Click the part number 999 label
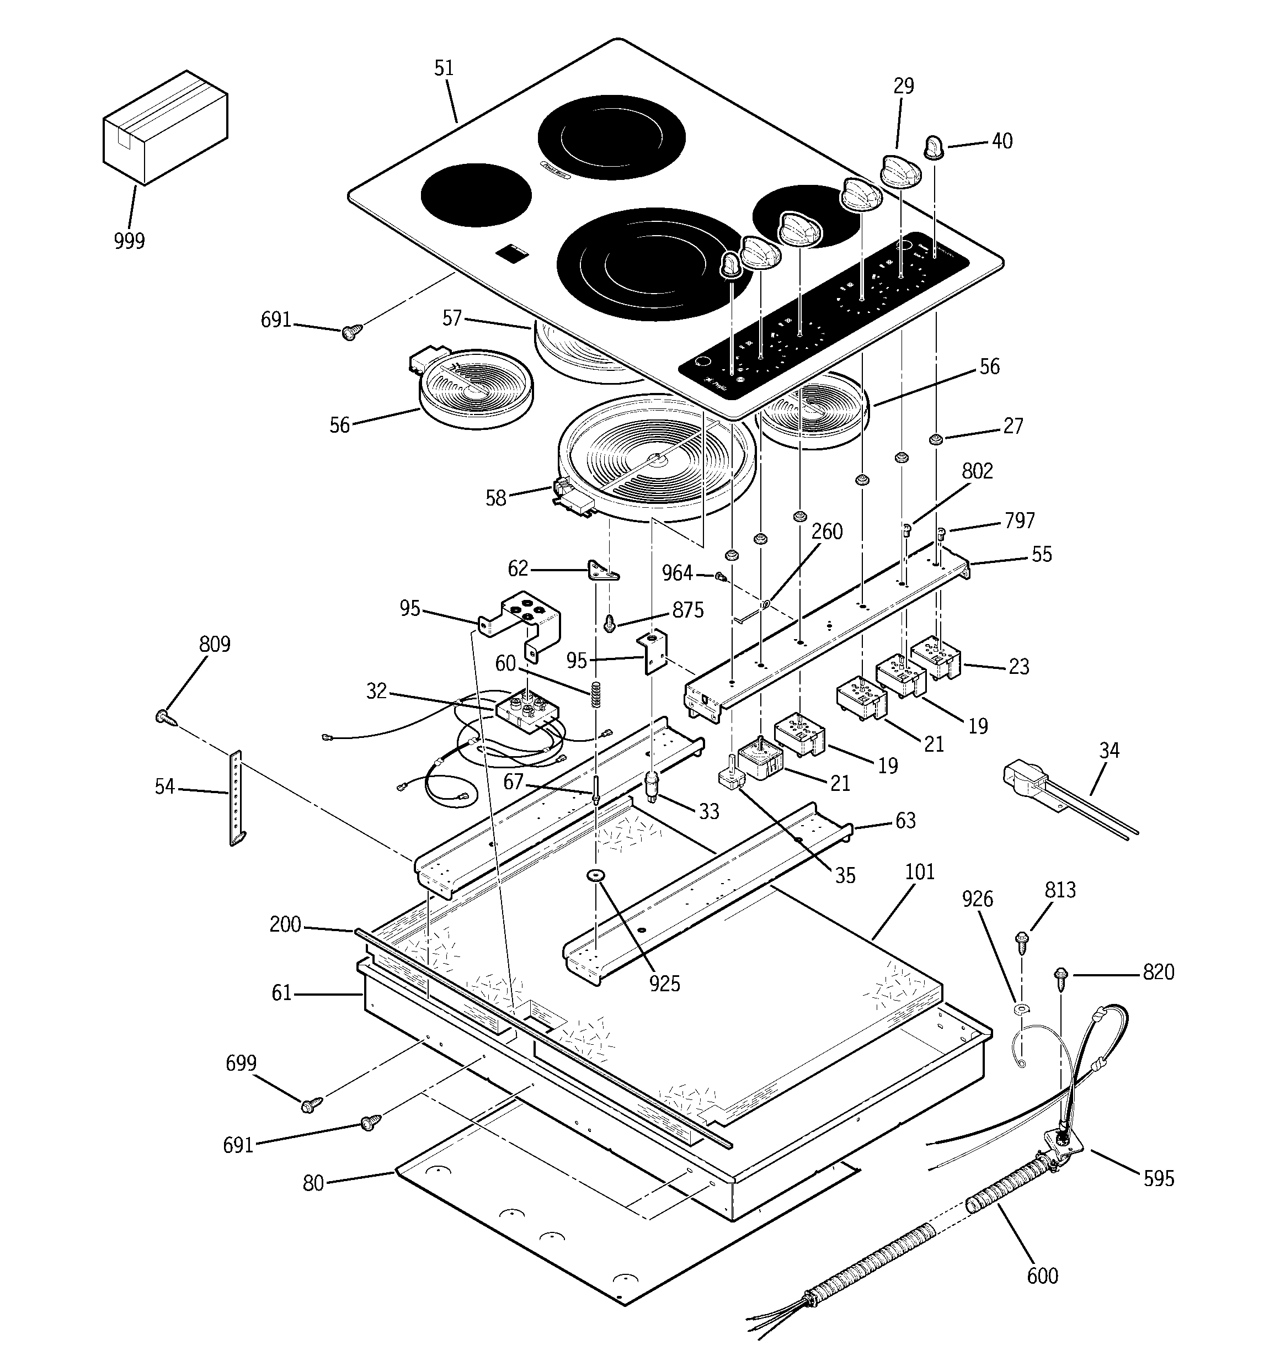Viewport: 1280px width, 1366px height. (x=129, y=241)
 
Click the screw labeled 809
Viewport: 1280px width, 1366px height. (x=165, y=718)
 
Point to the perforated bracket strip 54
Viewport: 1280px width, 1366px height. (x=236, y=798)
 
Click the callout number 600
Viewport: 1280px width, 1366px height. (x=1042, y=1275)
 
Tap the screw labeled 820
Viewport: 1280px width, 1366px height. (x=1062, y=976)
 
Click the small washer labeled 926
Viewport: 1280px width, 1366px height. (x=1021, y=1009)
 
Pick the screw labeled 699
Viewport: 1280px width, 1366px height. (x=311, y=1105)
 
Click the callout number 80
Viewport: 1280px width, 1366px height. (x=313, y=1183)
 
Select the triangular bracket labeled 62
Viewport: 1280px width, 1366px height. (x=602, y=570)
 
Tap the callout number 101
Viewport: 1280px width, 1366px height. (x=920, y=872)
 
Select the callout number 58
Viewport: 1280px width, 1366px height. (x=496, y=498)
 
